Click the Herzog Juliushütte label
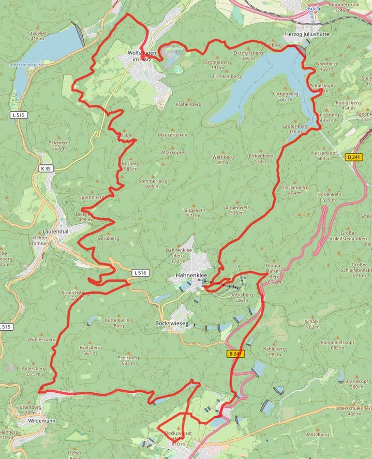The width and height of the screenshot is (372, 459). tap(307, 34)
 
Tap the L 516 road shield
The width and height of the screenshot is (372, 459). tap(140, 272)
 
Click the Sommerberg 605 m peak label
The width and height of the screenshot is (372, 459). tap(150, 184)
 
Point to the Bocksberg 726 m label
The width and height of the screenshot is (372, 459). tap(240, 297)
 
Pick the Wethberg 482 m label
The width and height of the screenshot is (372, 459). tap(223, 159)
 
